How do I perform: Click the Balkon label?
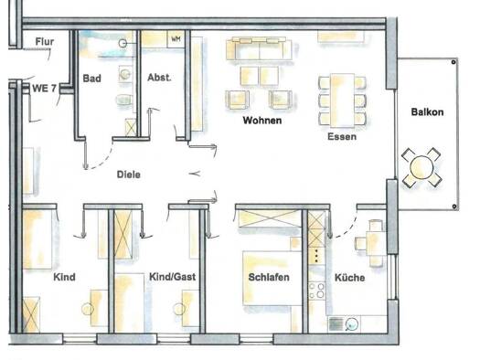[x=427, y=112]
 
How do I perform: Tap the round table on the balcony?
[x=421, y=167]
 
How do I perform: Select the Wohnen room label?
[x=262, y=121]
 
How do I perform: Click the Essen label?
[x=342, y=136]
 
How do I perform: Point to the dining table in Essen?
[x=342, y=100]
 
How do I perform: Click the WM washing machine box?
[x=176, y=39]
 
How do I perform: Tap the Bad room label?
[x=91, y=79]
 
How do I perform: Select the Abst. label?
[x=159, y=78]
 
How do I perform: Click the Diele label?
[x=129, y=175]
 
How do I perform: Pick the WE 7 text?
[x=45, y=89]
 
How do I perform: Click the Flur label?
[x=45, y=42]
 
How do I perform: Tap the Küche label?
[x=349, y=278]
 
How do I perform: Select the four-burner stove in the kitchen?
[x=317, y=291]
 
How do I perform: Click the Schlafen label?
[x=269, y=277]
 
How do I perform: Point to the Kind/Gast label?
[x=172, y=277]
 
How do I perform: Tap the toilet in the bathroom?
[x=124, y=100]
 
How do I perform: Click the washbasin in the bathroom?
[x=125, y=74]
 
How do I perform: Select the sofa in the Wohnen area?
[x=259, y=49]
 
